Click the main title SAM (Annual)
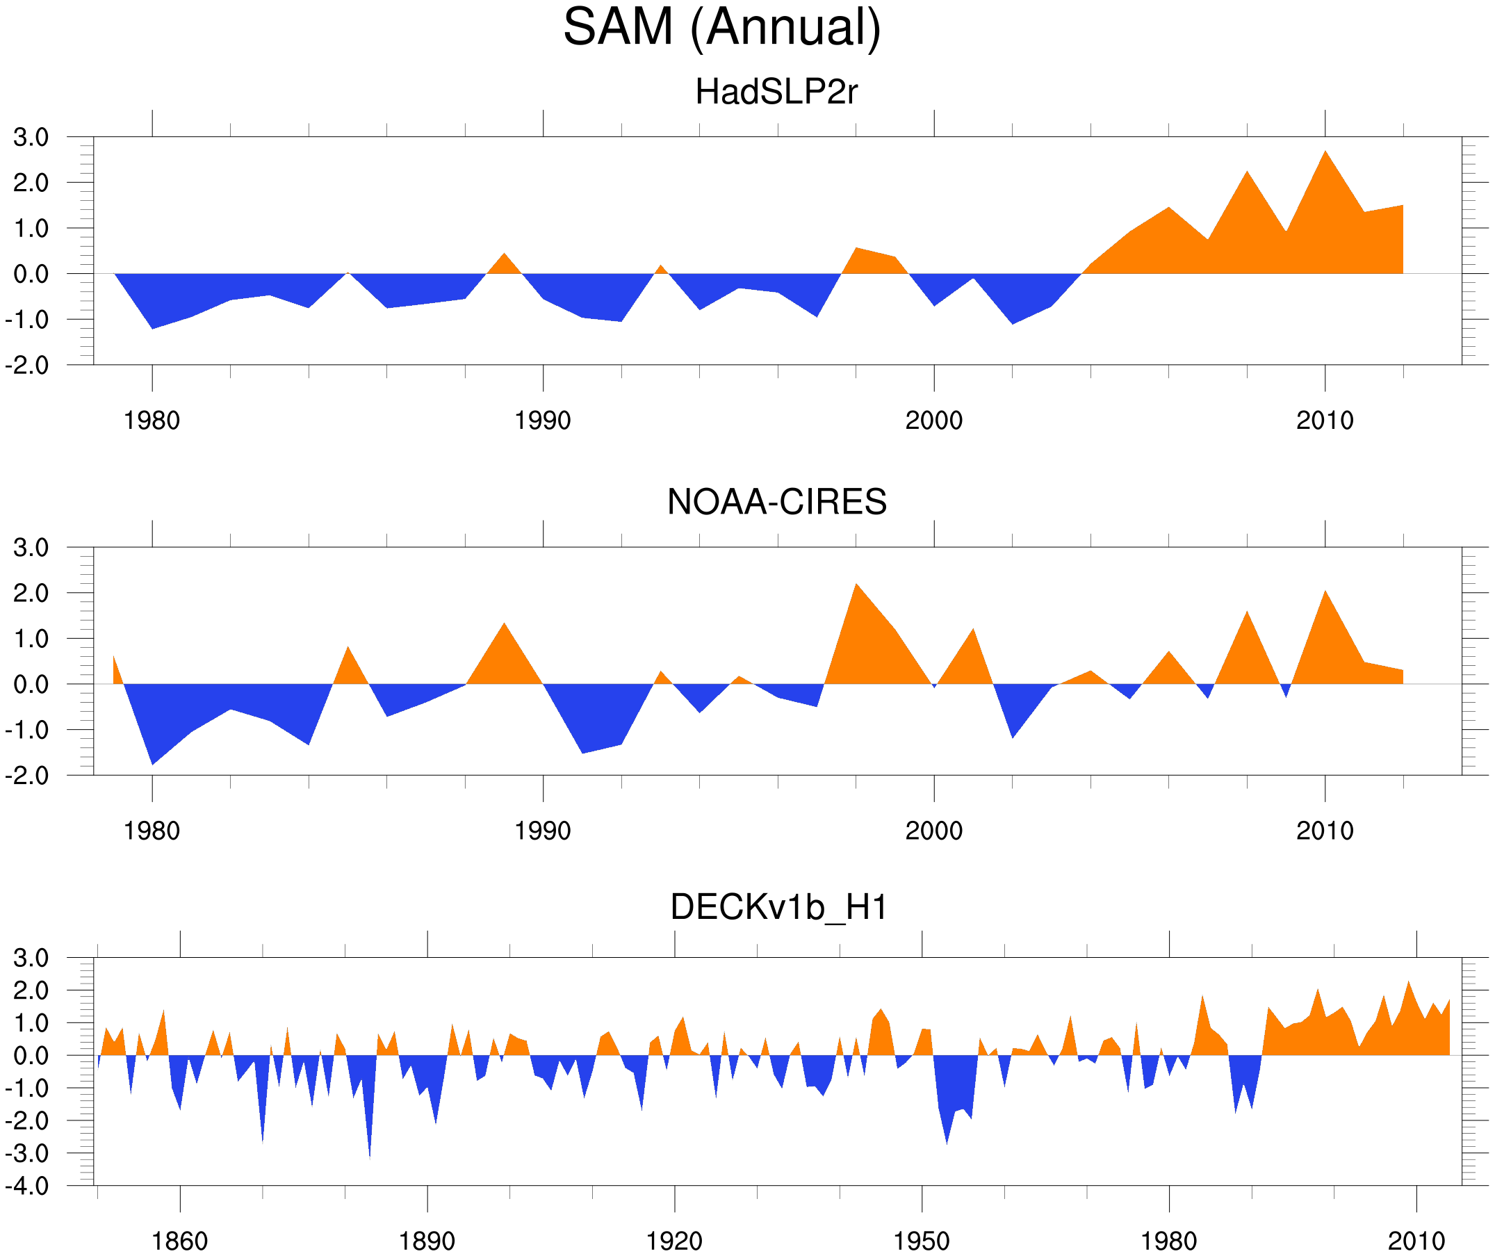722,27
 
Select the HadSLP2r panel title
776,92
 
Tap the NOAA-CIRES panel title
776,502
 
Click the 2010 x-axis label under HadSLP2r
1324,421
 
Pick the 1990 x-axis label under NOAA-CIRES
543,831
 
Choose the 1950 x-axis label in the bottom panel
921,1241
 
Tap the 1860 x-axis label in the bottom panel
179,1241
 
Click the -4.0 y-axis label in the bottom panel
27,1186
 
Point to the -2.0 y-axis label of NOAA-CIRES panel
27,776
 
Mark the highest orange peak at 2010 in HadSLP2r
1325,153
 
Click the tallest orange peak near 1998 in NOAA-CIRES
856,587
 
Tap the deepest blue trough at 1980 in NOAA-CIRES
152,762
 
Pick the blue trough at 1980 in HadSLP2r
152,326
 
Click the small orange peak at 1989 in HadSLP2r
504,256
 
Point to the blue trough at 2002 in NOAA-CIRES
1013,735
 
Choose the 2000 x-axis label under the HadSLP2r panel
933,421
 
